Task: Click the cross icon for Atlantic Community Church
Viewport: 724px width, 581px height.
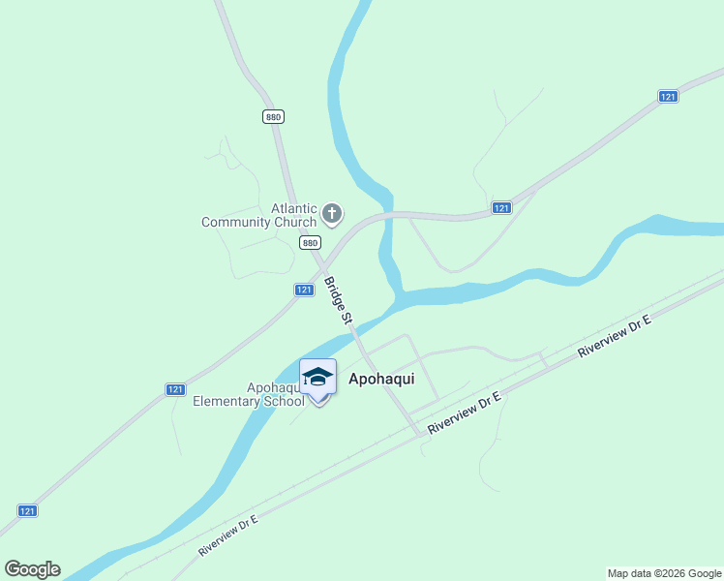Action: coord(332,213)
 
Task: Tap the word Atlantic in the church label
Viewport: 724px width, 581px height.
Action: coord(293,207)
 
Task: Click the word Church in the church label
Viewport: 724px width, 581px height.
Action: coord(295,223)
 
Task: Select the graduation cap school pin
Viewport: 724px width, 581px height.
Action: coord(317,379)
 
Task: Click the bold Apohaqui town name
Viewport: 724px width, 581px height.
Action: coord(381,379)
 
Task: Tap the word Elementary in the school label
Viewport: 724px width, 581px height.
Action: coord(227,401)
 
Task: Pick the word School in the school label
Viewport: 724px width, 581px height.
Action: coord(284,401)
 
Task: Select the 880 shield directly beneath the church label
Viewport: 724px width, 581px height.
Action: coord(310,243)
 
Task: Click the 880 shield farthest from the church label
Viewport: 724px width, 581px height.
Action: coord(273,116)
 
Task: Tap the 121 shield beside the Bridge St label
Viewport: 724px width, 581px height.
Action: coord(304,290)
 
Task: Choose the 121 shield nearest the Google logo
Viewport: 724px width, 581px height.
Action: coord(28,510)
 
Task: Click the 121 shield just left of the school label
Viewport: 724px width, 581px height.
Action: coord(174,389)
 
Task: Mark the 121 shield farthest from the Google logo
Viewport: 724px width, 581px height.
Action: coord(668,96)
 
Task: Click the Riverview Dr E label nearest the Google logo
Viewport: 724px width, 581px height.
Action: coord(228,535)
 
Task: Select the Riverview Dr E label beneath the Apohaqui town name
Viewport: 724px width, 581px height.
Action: coord(464,412)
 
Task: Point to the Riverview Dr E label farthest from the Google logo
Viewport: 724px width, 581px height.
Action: coord(614,337)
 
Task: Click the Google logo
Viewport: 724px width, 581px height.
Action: coord(33,569)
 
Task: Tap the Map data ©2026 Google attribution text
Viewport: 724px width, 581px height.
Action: coord(665,573)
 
